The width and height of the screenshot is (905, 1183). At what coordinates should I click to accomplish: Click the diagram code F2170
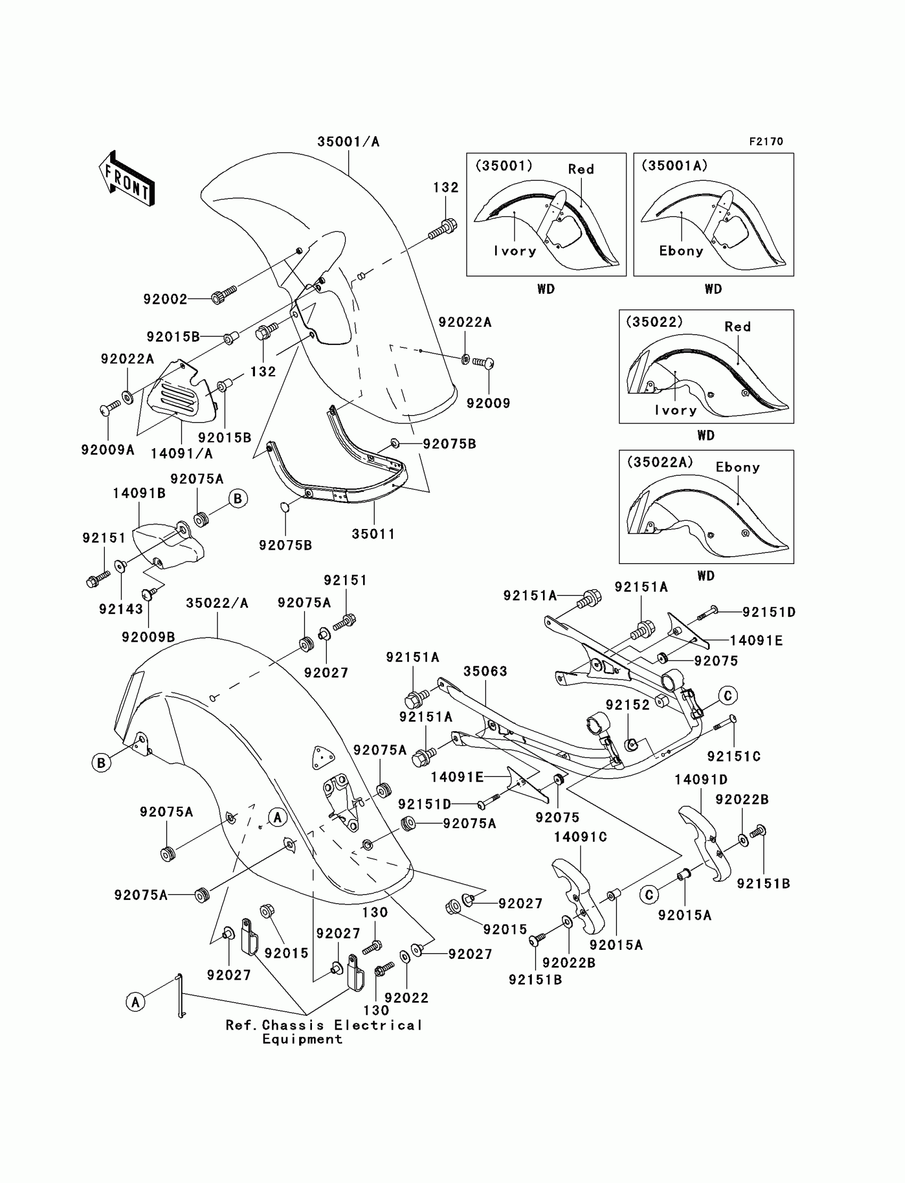(x=766, y=142)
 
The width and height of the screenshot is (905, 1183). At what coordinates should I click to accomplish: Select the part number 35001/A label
(x=348, y=142)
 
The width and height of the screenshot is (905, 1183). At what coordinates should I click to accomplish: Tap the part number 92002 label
(x=165, y=299)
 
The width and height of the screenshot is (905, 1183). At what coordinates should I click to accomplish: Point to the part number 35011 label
(x=373, y=534)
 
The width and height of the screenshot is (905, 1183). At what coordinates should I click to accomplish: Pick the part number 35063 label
(x=485, y=672)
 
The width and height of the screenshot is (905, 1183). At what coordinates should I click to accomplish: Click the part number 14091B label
(x=139, y=493)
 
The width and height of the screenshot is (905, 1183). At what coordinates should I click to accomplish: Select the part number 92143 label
(x=121, y=609)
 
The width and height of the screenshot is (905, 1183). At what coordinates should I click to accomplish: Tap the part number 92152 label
(x=628, y=706)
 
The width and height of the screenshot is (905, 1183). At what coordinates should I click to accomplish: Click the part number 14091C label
(x=580, y=837)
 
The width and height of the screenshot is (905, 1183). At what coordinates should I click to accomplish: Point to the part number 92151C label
(x=734, y=757)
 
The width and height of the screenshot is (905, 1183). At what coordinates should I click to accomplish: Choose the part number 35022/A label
(x=217, y=603)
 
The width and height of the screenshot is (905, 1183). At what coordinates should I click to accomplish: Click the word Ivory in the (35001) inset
(x=515, y=251)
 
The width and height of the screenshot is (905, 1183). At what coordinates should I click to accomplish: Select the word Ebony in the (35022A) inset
(x=737, y=467)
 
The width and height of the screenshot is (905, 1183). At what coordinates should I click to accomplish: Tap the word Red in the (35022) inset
(x=737, y=327)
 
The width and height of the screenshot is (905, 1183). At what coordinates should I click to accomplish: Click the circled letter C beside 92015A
(x=649, y=895)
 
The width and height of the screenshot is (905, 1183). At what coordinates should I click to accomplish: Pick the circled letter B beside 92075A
(x=237, y=499)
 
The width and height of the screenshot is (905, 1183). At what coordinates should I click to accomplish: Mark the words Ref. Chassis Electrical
(x=323, y=1025)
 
